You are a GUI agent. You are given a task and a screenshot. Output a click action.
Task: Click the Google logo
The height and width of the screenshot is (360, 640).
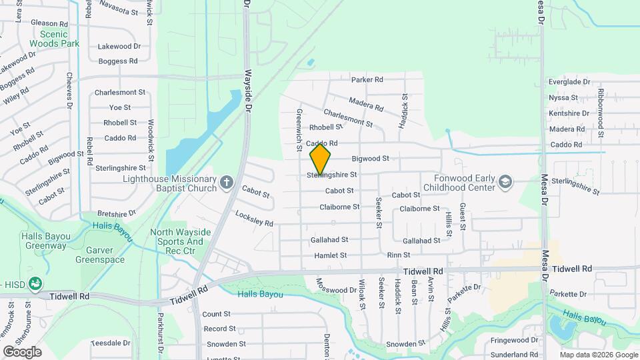(x=22, y=351)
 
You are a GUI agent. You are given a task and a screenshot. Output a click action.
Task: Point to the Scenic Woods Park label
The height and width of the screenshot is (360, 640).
(x=59, y=39)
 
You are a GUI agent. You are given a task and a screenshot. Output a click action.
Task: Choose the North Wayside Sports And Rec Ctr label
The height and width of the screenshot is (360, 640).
(x=180, y=241)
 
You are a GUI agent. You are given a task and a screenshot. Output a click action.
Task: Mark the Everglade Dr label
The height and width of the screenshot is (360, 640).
(x=569, y=82)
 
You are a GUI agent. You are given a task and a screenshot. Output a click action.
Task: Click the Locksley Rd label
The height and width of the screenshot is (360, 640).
(x=254, y=219)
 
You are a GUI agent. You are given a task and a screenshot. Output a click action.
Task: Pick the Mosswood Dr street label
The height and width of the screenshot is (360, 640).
(x=336, y=286)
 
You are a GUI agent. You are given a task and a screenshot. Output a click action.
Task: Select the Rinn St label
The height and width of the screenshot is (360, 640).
(x=397, y=255)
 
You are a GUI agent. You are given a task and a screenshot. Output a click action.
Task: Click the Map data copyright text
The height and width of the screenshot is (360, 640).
(x=597, y=355)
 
